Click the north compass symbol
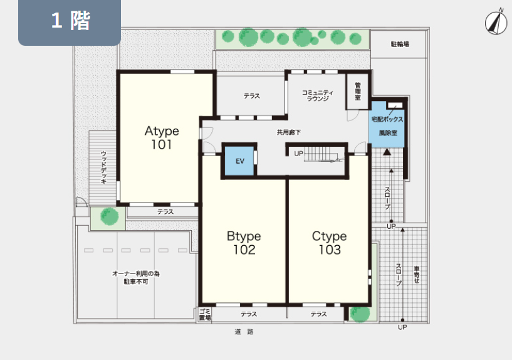496,22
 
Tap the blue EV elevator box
239,161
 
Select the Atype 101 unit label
162,137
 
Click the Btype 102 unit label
244,243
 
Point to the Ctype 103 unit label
329,243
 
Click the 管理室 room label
358,91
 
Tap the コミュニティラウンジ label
317,95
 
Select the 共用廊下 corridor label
289,132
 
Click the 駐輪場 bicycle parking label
400,44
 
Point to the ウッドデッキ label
103,167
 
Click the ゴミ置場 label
205,314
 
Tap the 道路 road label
244,332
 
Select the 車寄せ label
416,275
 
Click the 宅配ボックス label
387,119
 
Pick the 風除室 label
388,133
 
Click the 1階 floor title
70,20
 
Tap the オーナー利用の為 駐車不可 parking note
136,277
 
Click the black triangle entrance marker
387,152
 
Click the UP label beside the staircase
298,153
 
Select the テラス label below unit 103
318,314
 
